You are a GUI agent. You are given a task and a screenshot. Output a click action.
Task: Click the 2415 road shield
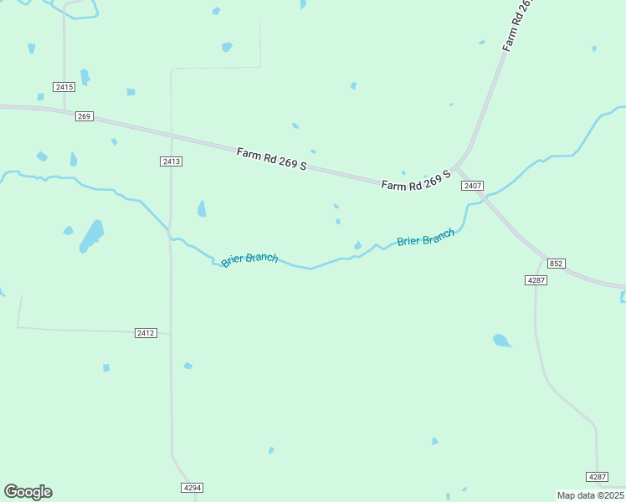[64, 87]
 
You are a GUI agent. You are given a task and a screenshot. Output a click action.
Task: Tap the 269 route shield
[84, 116]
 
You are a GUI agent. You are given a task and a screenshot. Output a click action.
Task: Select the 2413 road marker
[172, 161]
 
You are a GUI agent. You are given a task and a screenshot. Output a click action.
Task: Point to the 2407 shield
[472, 186]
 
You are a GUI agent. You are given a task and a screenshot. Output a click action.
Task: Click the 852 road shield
[557, 264]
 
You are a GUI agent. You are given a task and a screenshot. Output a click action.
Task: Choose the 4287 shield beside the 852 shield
[536, 279]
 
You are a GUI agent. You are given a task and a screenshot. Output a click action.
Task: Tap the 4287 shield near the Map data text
[597, 476]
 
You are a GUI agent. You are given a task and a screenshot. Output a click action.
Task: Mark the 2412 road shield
[146, 333]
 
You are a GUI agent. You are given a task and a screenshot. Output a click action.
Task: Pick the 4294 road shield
[192, 487]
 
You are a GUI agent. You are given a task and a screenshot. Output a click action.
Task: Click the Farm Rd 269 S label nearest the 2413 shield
[272, 159]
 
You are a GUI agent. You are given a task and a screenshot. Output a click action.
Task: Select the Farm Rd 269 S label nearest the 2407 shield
[416, 180]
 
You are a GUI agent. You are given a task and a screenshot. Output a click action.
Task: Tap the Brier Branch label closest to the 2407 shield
[426, 237]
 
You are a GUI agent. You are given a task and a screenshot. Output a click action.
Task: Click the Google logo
[28, 492]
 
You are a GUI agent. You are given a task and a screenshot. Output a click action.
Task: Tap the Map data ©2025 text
[590, 495]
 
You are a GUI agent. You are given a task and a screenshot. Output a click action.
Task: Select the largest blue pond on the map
[92, 236]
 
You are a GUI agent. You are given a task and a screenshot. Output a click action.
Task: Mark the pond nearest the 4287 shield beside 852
[501, 340]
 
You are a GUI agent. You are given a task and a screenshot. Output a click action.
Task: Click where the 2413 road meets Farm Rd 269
[172, 135]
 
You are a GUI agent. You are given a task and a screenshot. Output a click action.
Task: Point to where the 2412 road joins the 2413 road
[172, 334]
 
